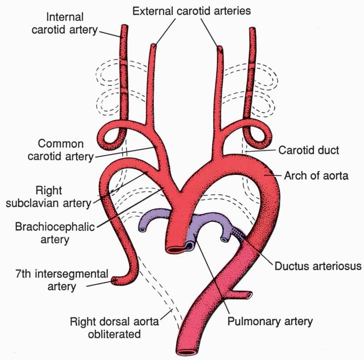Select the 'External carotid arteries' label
tap(191, 10)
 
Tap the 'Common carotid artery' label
tap(60, 150)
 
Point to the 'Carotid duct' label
tap(309, 151)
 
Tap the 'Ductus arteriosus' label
tap(318, 265)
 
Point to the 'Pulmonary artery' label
tap(270, 321)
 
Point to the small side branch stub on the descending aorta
tap(247, 296)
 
